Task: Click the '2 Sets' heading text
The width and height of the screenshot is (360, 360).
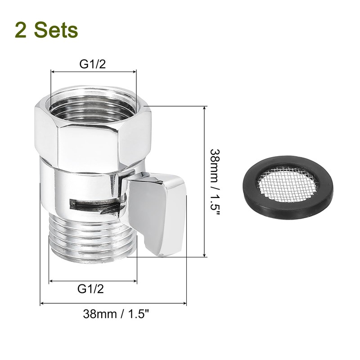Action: tap(46, 30)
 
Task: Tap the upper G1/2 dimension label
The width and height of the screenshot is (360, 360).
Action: tap(93, 64)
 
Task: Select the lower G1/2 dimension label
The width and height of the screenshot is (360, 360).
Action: tap(91, 288)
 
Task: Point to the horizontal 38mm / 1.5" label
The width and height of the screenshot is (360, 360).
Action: tap(116, 314)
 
